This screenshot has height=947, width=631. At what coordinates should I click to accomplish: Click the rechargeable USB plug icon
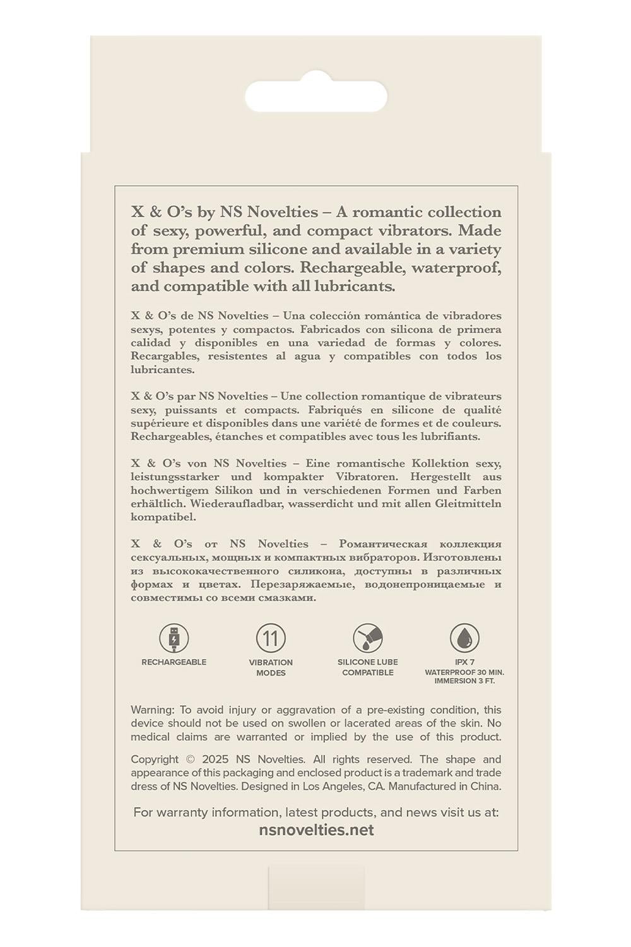174,638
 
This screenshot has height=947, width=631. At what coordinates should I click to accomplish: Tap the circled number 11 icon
271,638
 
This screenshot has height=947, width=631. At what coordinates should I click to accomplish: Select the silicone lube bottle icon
368,638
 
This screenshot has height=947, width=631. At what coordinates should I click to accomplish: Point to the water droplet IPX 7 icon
464,638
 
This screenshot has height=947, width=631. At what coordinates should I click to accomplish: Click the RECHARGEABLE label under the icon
174,662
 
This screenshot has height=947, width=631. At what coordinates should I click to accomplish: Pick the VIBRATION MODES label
271,667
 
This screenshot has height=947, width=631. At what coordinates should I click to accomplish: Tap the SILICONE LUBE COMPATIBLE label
368,667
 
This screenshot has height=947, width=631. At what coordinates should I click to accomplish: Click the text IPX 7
464,662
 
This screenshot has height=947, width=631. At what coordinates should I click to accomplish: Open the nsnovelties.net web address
316,830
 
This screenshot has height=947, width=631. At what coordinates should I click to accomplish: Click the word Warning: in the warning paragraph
153,710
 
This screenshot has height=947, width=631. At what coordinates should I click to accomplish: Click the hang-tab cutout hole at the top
315,96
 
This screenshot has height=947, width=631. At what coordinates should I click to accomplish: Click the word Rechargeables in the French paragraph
169,436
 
